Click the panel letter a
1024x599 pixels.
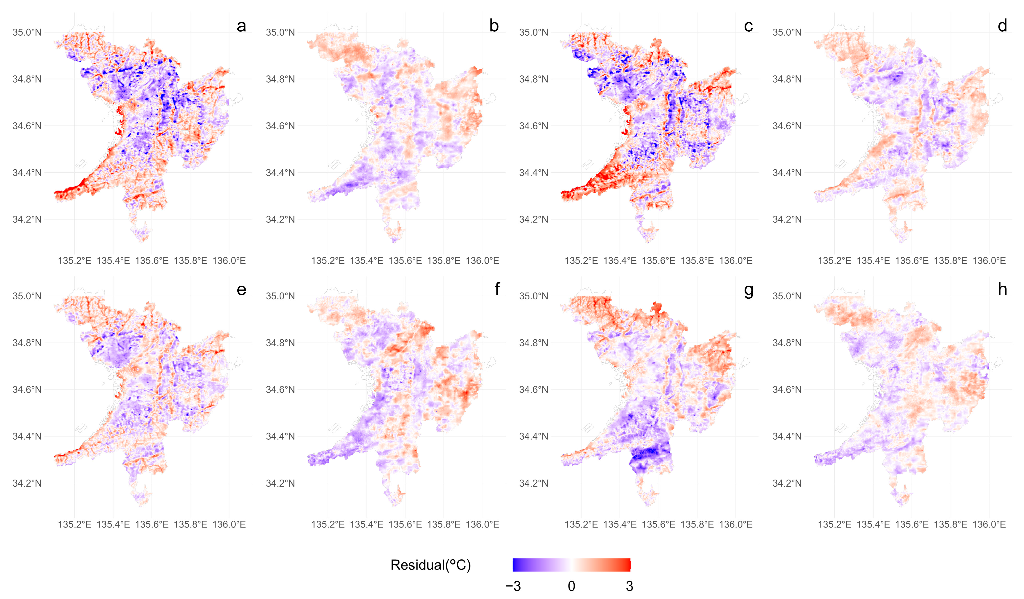241,26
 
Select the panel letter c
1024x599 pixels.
748,26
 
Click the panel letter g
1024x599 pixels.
748,290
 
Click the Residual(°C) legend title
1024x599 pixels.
430,565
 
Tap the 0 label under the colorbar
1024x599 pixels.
571,586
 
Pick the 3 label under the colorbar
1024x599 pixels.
629,586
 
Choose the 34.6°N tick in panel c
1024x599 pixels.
534,126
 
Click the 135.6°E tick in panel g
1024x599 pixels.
658,524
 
